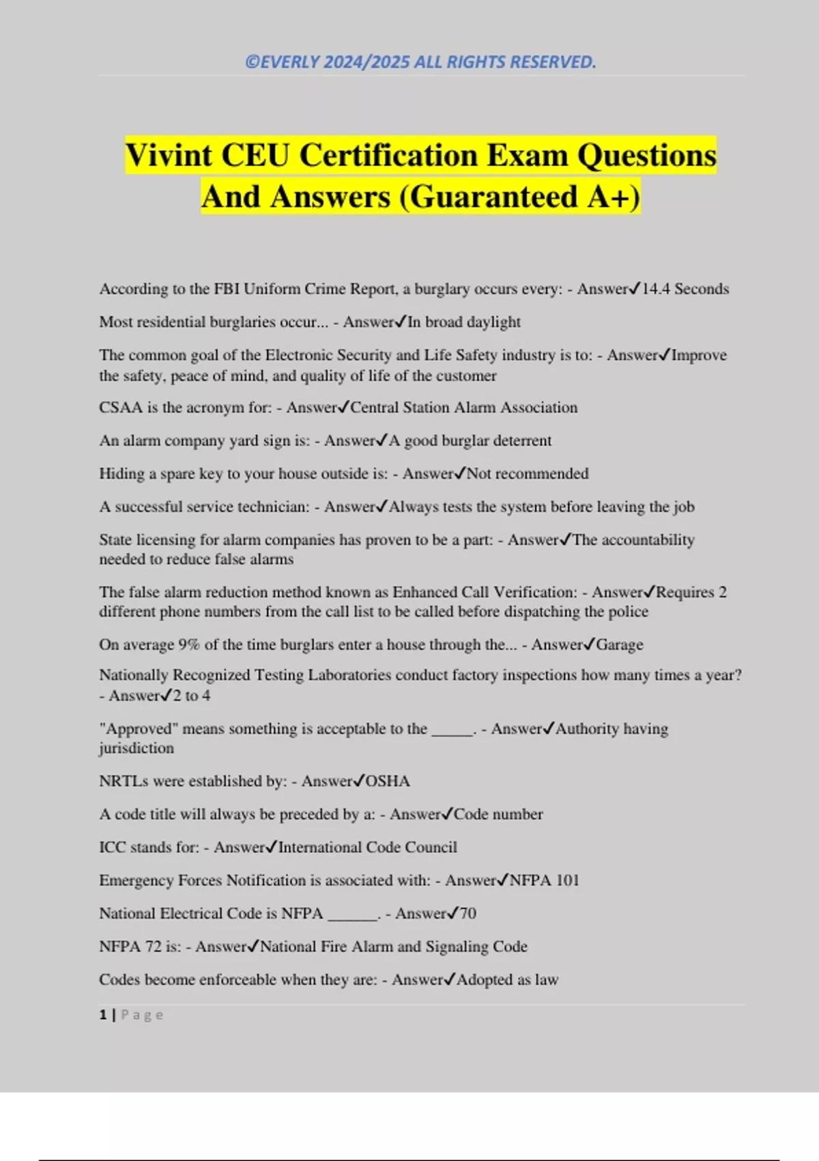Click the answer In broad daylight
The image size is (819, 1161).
tap(464, 322)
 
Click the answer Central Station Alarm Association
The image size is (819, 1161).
tap(463, 408)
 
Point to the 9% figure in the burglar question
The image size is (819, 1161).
tap(188, 645)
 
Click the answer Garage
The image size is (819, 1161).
tap(620, 645)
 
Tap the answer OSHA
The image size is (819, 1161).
tap(388, 781)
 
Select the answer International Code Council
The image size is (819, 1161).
tap(367, 847)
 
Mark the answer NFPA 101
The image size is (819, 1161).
tap(544, 880)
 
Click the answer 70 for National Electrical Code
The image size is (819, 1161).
tap(468, 913)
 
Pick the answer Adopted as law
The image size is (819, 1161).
tap(507, 979)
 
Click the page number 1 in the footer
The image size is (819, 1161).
tap(103, 1015)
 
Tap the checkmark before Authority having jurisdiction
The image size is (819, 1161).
tap(549, 729)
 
